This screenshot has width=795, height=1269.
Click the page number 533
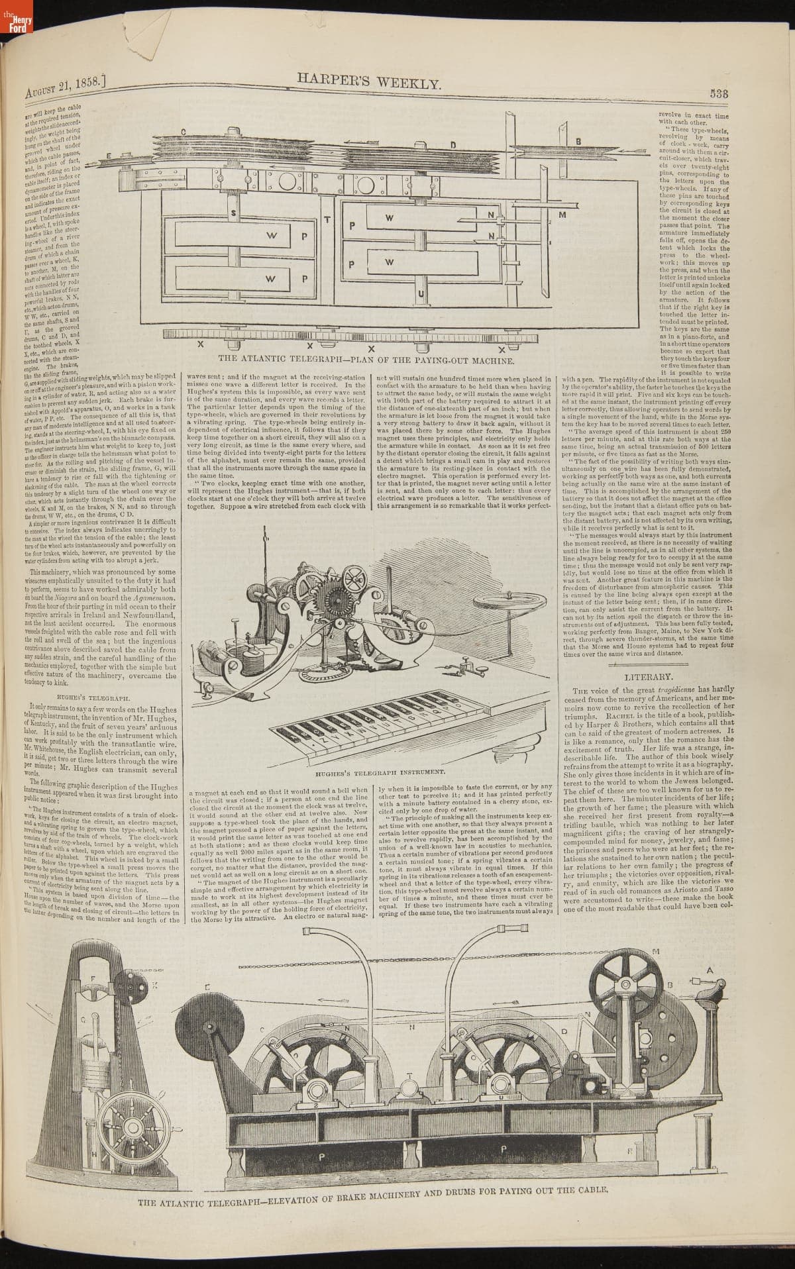coord(719,93)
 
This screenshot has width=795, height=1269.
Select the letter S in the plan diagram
coord(234,213)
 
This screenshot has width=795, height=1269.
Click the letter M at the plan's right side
coord(562,215)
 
